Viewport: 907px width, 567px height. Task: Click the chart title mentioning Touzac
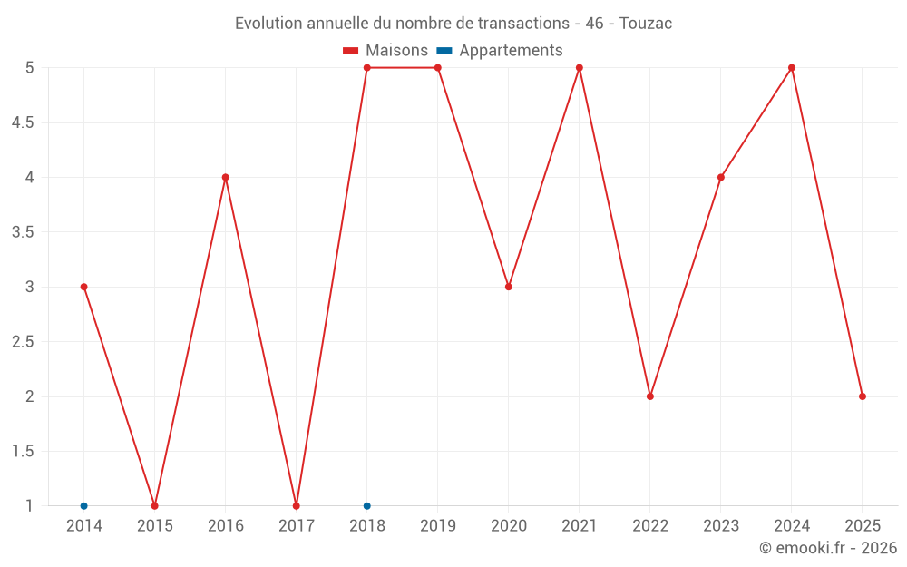[453, 24]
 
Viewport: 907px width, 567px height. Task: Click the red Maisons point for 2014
[83, 287]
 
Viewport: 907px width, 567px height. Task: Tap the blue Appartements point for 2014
[83, 506]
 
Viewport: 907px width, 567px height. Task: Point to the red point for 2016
[225, 177]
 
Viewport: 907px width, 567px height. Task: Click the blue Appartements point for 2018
[367, 506]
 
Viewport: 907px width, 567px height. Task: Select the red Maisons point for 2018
[367, 68]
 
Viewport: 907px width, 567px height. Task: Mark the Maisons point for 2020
[509, 287]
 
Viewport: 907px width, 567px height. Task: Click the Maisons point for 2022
[650, 396]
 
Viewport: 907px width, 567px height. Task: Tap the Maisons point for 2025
[863, 396]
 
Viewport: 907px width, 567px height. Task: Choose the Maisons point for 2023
[721, 177]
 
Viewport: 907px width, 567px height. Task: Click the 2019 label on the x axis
[438, 526]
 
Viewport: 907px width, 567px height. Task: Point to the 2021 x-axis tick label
[580, 526]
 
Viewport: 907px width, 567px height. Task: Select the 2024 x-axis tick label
[792, 526]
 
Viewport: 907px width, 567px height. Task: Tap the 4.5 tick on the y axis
[23, 122]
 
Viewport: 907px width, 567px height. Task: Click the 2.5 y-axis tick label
[23, 342]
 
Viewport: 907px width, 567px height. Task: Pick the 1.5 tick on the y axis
[23, 452]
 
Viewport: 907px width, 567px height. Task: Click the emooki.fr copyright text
[828, 548]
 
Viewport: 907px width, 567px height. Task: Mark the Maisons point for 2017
[297, 506]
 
